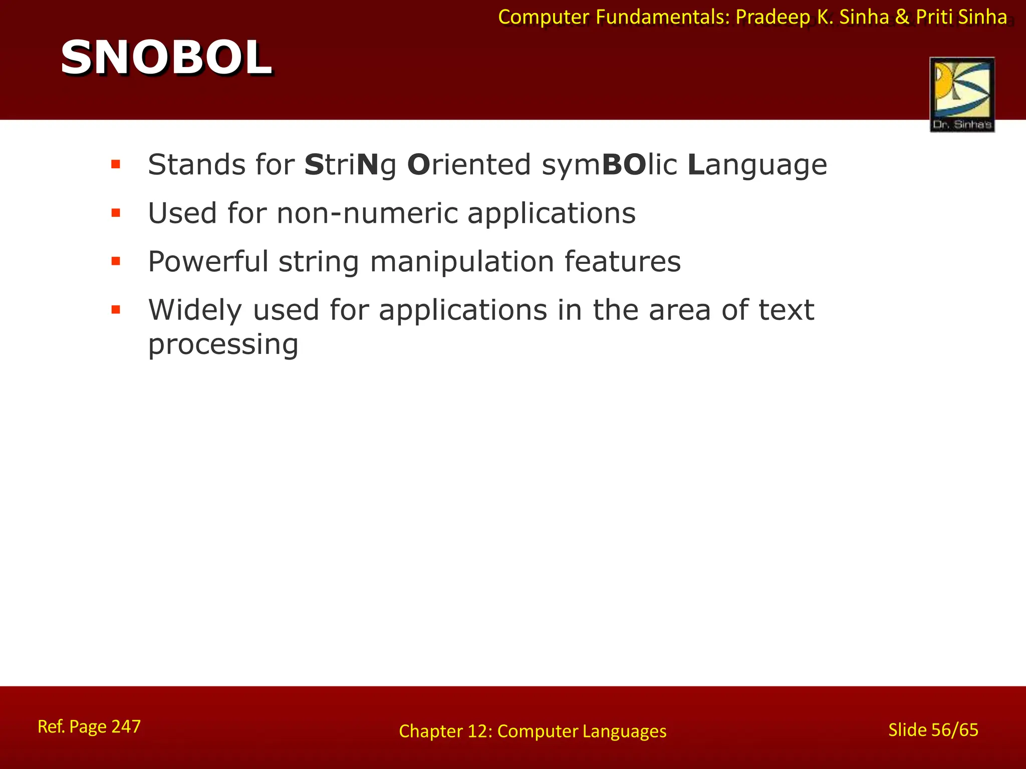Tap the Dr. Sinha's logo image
point(962,94)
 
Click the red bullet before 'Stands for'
point(116,164)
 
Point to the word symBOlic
point(609,165)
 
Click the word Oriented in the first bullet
point(469,165)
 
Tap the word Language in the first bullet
point(757,165)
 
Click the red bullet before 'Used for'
point(116,213)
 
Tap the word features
point(622,261)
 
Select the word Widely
point(195,310)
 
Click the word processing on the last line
point(223,345)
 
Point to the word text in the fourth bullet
point(786,310)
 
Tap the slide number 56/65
point(954,730)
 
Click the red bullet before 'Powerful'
point(116,261)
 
